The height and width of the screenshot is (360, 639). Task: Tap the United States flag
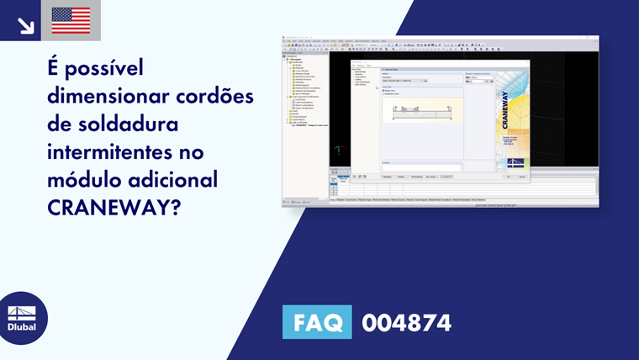[x=71, y=21]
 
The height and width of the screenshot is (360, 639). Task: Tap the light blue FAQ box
[x=317, y=322]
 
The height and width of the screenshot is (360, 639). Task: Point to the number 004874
[x=406, y=322]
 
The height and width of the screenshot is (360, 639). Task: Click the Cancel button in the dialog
[x=522, y=177]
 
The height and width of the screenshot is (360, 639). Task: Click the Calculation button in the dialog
[x=388, y=177]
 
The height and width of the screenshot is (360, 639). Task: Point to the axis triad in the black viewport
[x=337, y=151]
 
